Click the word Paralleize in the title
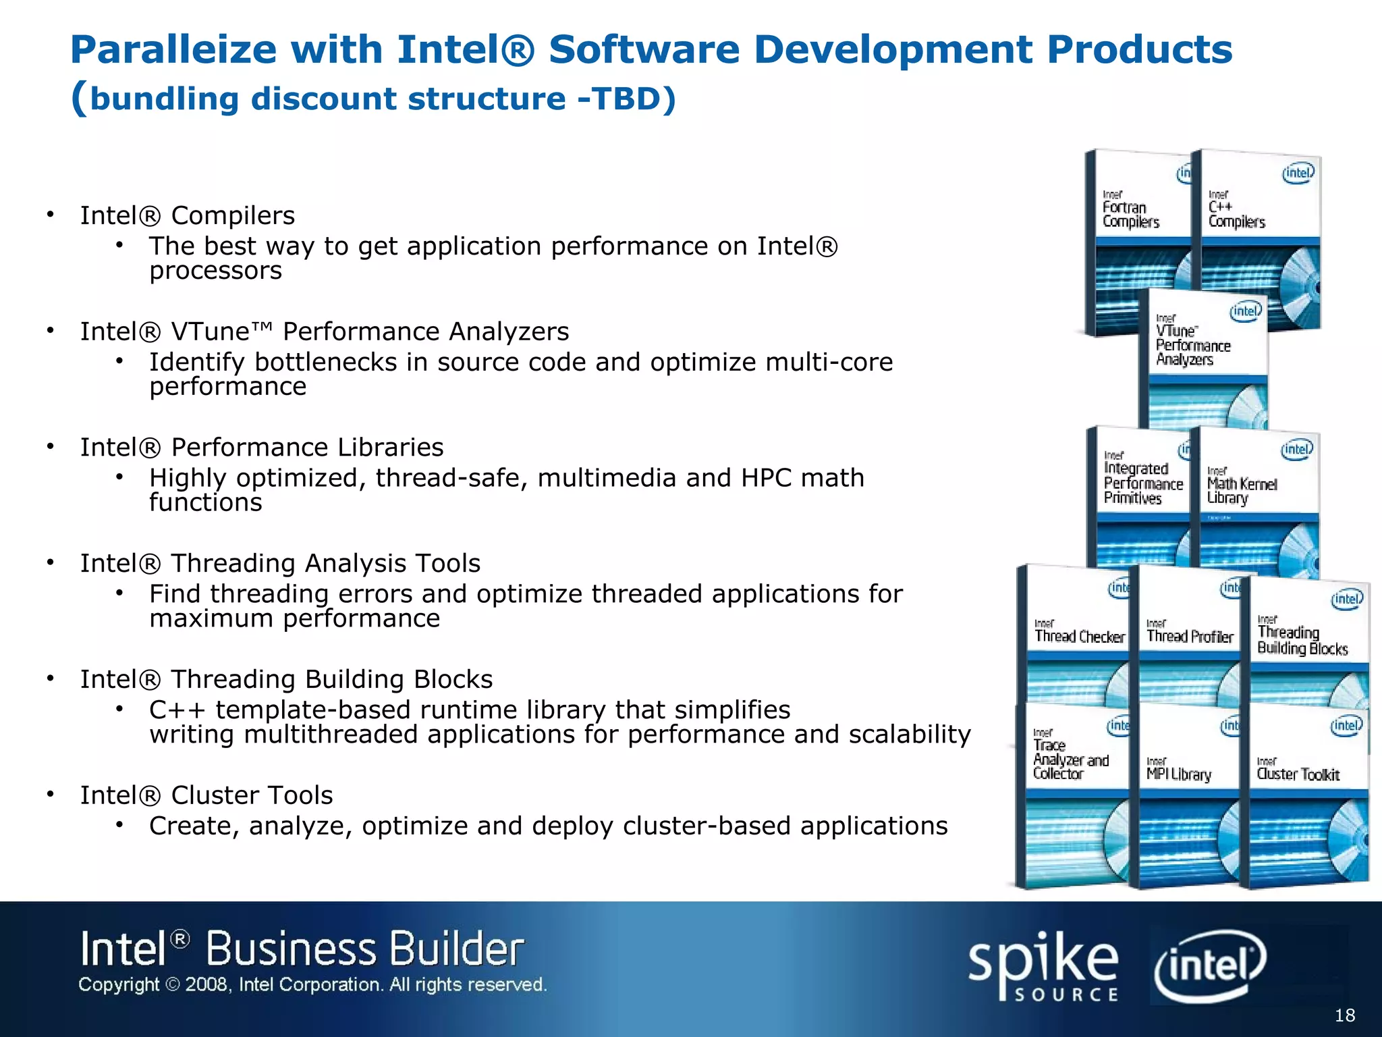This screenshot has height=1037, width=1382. pos(173,51)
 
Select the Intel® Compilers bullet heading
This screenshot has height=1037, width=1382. pos(187,215)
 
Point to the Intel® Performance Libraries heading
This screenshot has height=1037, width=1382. pos(261,448)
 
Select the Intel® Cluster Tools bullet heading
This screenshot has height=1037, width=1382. pos(206,795)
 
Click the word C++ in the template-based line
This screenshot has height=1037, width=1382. pos(177,710)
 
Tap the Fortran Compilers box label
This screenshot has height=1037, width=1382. pos(1130,214)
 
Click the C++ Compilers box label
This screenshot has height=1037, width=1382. pos(1236,214)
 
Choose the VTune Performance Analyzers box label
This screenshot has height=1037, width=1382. pos(1192,345)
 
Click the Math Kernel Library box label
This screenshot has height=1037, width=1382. pos(1242,491)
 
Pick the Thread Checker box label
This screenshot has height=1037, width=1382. pos(1080,636)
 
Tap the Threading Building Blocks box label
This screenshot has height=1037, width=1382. pos(1302,640)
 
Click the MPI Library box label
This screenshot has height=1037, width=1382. pos(1179,774)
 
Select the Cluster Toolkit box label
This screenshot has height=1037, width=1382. pos(1298,774)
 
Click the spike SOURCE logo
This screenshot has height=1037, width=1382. pos(1043,965)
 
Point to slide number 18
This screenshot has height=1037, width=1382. pos(1345,1015)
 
